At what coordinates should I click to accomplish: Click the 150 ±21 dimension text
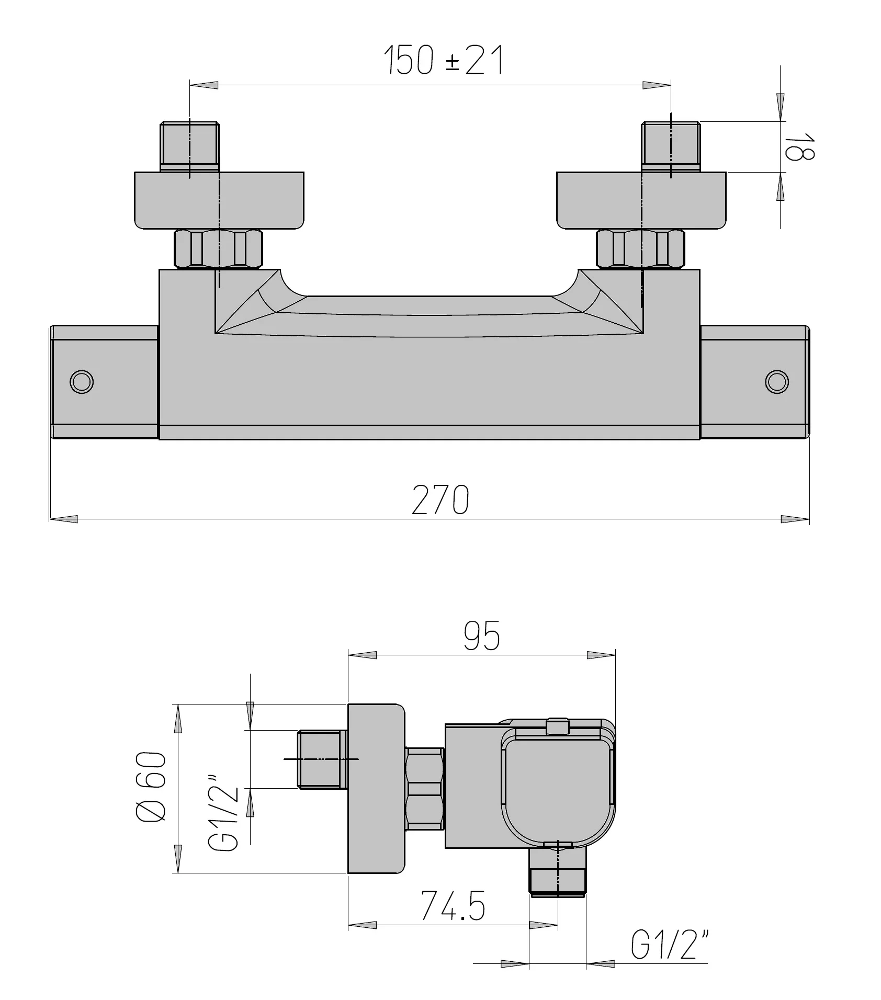[x=444, y=60]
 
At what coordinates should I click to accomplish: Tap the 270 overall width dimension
[x=440, y=500]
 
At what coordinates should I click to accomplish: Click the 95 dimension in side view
[x=482, y=637]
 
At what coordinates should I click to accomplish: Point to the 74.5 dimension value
[x=454, y=905]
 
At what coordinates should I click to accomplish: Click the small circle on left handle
[x=81, y=381]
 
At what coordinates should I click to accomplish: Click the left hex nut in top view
[x=218, y=249]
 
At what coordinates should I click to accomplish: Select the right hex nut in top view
[x=640, y=249]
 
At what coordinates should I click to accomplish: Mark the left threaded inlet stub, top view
[x=189, y=145]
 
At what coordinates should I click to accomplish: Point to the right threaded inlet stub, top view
[x=671, y=145]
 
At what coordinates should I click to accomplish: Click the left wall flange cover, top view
[x=219, y=200]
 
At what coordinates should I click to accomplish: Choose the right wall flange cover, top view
[x=641, y=200]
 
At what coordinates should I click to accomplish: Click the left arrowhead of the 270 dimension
[x=64, y=519]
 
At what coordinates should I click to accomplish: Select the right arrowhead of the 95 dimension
[x=601, y=655]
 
